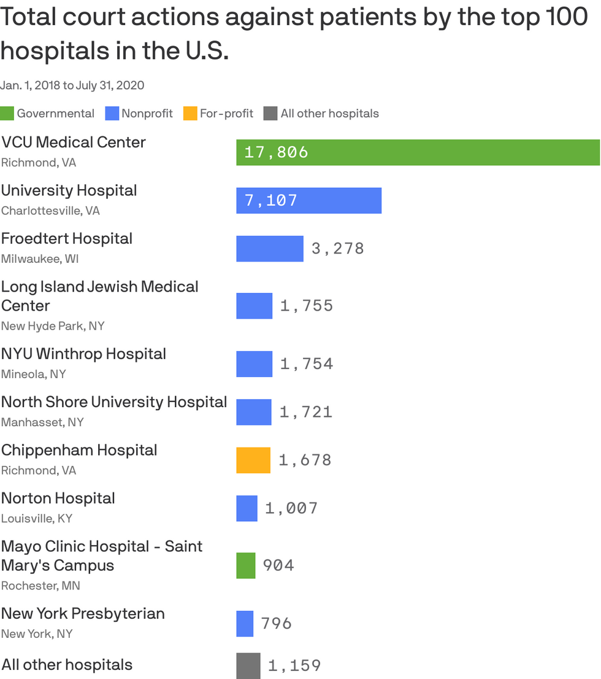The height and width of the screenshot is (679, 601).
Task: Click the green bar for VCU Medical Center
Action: tap(418, 152)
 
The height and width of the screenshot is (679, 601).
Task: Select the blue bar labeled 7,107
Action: tap(309, 201)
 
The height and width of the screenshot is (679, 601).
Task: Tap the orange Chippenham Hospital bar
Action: tap(253, 460)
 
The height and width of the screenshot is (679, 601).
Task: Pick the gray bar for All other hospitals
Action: tap(248, 666)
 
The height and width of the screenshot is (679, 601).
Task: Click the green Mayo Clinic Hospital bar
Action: tap(246, 565)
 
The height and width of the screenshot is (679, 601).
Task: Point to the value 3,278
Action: tap(338, 249)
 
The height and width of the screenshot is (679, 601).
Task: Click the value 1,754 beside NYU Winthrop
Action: tap(307, 363)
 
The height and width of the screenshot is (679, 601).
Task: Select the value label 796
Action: tap(277, 624)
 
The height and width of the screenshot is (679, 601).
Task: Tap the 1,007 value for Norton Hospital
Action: tap(291, 508)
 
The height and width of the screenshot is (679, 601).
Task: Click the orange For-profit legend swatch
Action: tap(190, 114)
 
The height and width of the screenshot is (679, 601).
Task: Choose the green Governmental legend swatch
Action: tap(7, 114)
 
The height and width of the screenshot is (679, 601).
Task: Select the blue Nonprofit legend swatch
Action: tap(112, 114)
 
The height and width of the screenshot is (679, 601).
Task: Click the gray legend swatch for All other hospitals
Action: tap(270, 114)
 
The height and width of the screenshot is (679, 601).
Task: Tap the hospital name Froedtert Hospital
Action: tap(67, 239)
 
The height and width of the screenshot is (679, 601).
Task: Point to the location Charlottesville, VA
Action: tap(51, 211)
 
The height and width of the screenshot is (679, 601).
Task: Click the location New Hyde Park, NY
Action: tap(53, 326)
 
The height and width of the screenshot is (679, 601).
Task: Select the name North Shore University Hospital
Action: tap(114, 402)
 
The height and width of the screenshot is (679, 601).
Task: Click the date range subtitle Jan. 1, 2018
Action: tap(30, 85)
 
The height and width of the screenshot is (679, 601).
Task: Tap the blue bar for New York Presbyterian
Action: tap(245, 624)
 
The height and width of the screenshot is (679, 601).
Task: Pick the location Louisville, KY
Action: tap(37, 518)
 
